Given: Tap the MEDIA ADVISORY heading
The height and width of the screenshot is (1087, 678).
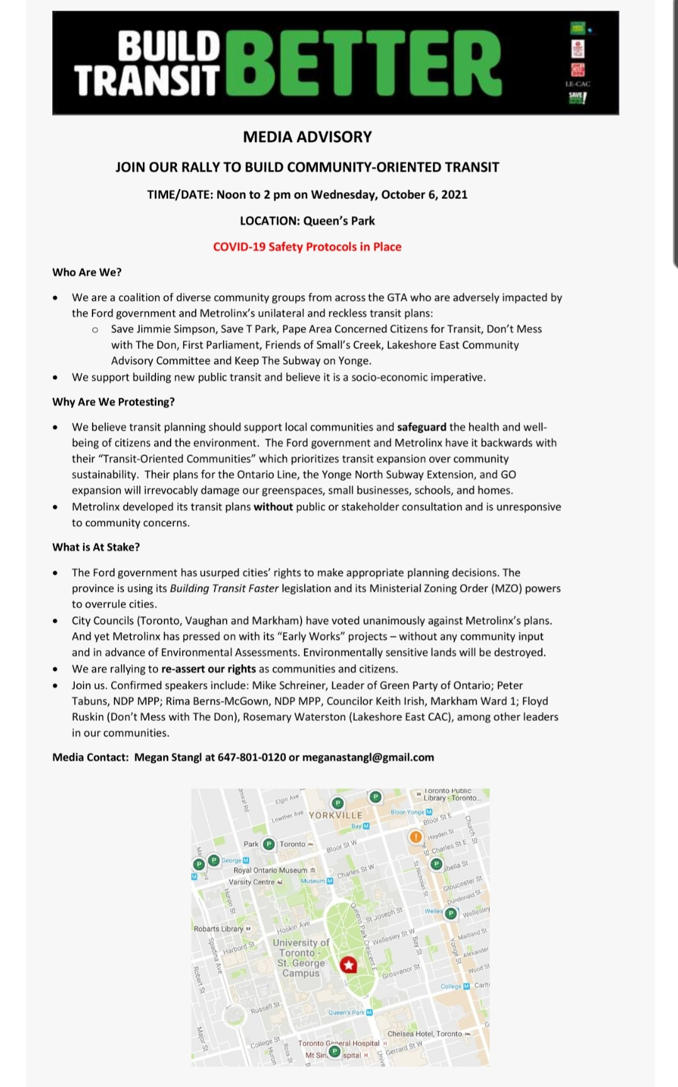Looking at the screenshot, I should point(307,137).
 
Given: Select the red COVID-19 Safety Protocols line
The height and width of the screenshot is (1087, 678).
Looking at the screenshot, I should point(307,247).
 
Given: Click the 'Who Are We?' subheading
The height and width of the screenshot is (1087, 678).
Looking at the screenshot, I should point(87,272).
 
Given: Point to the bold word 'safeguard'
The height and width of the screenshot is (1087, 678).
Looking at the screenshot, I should point(422,427).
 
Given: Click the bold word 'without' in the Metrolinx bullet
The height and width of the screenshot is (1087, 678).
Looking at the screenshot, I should point(273,507).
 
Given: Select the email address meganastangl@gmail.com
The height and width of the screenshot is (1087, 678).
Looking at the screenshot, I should point(368,757).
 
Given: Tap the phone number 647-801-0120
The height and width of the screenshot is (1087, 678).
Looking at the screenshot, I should point(252,757).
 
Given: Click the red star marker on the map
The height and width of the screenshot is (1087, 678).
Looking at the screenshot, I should point(348,965).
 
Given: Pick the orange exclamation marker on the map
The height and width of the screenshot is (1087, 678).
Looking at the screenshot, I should point(415,837).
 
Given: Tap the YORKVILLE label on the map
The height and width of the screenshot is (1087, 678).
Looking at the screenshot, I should point(336,815).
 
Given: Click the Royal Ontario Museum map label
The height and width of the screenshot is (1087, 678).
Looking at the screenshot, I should point(271,870).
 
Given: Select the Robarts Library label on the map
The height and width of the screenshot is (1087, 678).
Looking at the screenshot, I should point(218,929).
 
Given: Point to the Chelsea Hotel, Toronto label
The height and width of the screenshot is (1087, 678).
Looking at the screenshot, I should point(425,1034).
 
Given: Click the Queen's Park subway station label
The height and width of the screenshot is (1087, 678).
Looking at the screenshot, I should point(346,1013).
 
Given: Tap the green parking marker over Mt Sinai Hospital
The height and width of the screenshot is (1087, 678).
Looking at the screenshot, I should point(335,1052).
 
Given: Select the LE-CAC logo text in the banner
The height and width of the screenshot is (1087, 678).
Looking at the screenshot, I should point(577,84).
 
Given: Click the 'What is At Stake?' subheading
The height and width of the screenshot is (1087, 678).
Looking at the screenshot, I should point(96,547).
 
